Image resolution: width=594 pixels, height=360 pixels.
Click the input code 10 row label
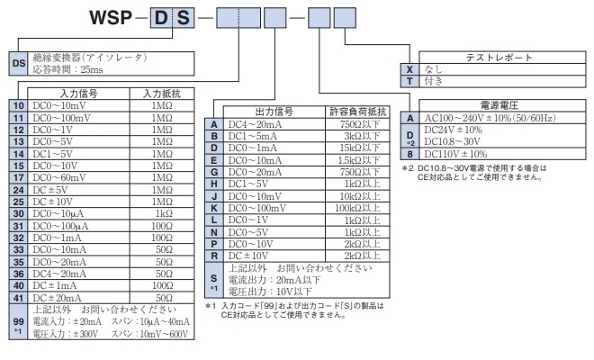17,105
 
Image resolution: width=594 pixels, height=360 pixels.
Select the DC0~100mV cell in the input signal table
73,117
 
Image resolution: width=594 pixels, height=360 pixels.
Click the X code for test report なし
409,69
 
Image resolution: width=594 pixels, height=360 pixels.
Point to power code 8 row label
409,154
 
